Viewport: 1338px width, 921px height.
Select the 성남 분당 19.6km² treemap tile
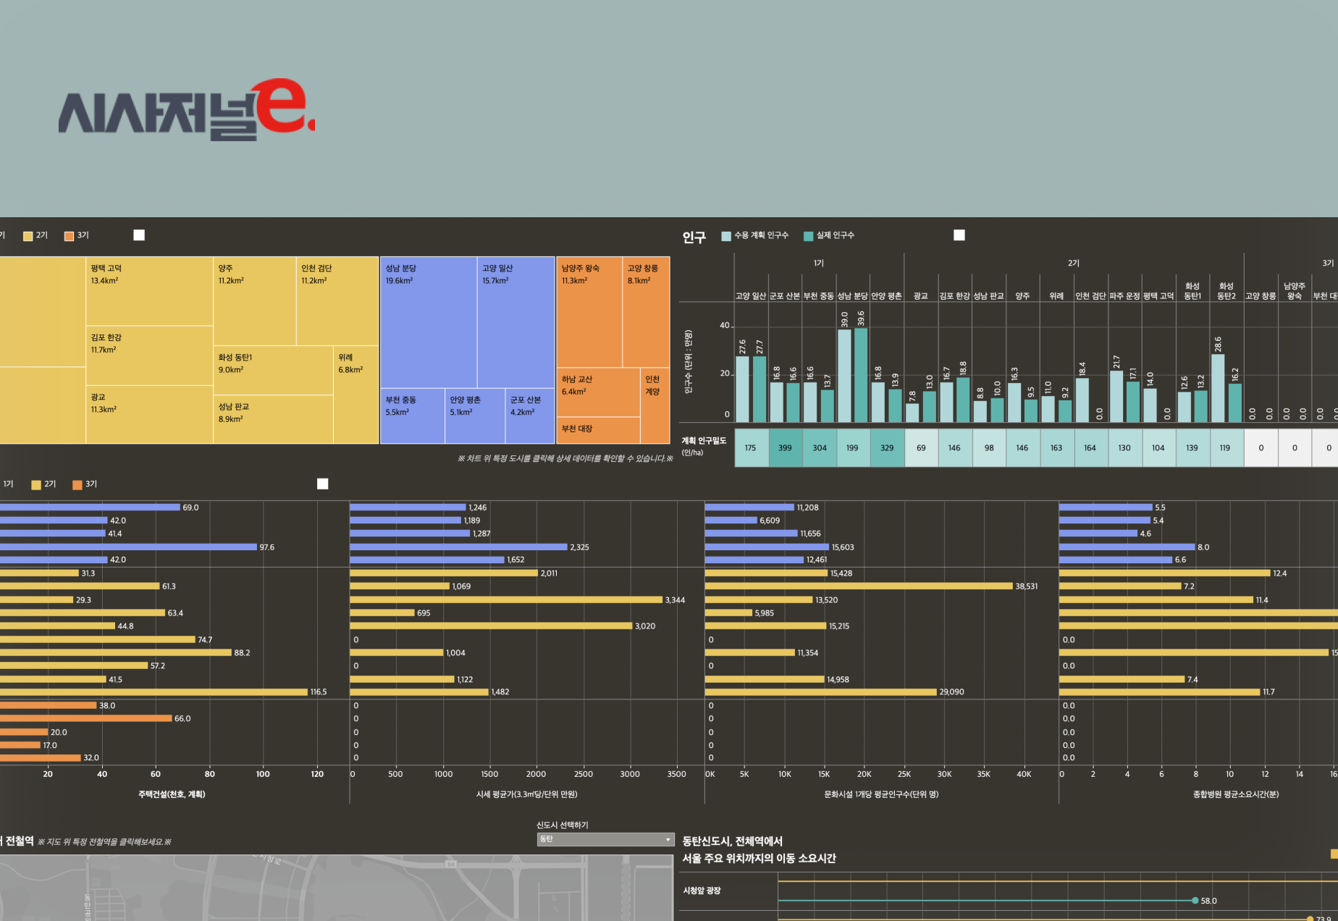pyautogui.click(x=428, y=322)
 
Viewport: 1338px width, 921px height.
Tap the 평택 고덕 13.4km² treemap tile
pyautogui.click(x=149, y=291)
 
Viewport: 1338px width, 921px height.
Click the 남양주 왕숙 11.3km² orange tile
pyautogui.click(x=589, y=311)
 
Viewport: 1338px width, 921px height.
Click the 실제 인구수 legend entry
pyautogui.click(x=829, y=235)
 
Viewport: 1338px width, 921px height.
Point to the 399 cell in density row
pyautogui.click(x=785, y=447)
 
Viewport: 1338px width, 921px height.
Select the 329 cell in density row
pyautogui.click(x=887, y=447)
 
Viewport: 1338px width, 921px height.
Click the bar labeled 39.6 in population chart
pyautogui.click(x=861, y=375)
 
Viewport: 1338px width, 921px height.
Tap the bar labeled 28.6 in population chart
pyautogui.click(x=1218, y=388)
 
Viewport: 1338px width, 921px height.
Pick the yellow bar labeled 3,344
pyautogui.click(x=507, y=600)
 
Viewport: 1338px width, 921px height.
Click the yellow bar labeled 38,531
pyautogui.click(x=858, y=586)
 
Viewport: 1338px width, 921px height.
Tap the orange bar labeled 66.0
pyautogui.click(x=85, y=718)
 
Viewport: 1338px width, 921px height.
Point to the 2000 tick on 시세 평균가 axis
pyautogui.click(x=537, y=774)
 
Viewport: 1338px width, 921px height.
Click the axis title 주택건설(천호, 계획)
pyautogui.click(x=172, y=794)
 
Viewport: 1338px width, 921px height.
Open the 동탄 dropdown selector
pyautogui.click(x=605, y=839)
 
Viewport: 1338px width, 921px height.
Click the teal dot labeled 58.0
pyautogui.click(x=1195, y=901)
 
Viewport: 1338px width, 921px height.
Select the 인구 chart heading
pyautogui.click(x=694, y=237)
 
